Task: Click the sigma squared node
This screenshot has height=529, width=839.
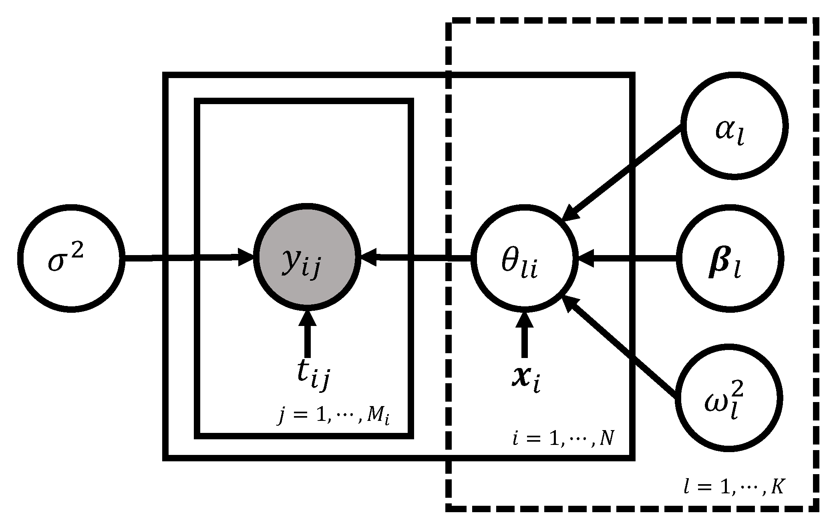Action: click(70, 258)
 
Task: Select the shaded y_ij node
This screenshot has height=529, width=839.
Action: click(307, 258)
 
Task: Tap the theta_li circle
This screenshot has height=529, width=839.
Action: click(524, 259)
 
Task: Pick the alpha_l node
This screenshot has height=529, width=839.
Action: click(734, 126)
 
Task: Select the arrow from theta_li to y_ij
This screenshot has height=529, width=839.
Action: click(416, 259)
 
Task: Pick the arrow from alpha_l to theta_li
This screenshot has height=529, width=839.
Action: click(625, 172)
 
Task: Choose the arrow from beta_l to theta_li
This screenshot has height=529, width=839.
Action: click(629, 259)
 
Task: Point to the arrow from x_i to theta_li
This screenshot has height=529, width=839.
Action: click(524, 336)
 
